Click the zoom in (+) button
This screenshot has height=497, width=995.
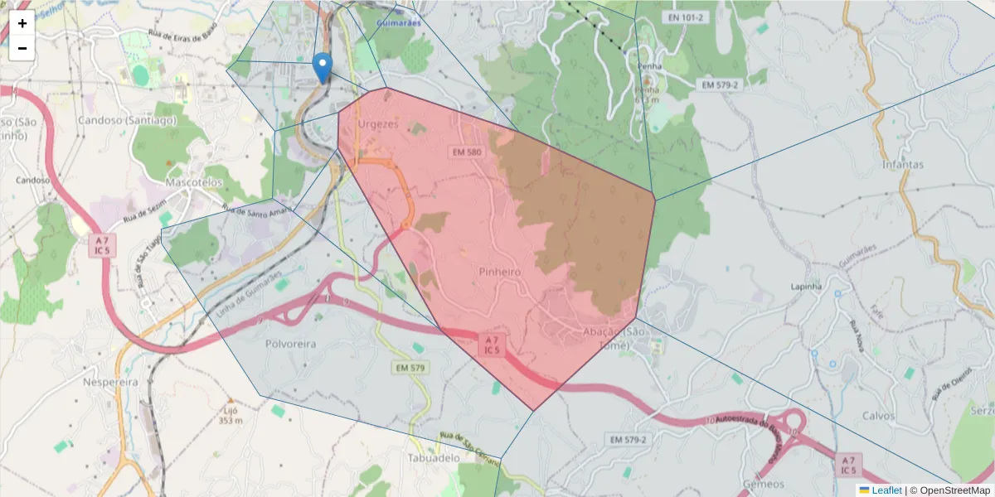click(x=22, y=23)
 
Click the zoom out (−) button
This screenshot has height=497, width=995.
click(x=22, y=48)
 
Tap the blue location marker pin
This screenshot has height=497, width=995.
click(x=323, y=67)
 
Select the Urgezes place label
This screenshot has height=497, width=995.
click(x=378, y=124)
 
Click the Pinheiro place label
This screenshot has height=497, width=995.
click(x=499, y=272)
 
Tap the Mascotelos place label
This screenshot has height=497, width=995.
click(x=194, y=181)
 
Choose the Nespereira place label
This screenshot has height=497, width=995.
click(x=111, y=382)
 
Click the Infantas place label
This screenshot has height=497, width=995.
click(x=903, y=164)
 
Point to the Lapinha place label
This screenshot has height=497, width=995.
click(x=806, y=287)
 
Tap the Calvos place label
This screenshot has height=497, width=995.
click(x=879, y=416)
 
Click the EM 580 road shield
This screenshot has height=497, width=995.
click(x=467, y=152)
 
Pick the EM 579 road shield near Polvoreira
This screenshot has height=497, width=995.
click(x=410, y=367)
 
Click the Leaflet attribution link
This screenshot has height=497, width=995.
click(x=886, y=490)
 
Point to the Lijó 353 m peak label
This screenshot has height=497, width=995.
click(x=231, y=414)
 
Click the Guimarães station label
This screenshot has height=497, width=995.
click(x=398, y=22)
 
